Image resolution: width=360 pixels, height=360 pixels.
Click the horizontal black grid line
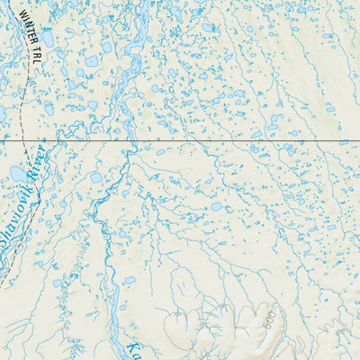click(x=225, y=142)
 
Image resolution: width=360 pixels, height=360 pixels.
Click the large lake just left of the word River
click(x=18, y=172)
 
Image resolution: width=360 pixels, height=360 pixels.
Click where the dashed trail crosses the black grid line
click(x=28, y=142)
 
